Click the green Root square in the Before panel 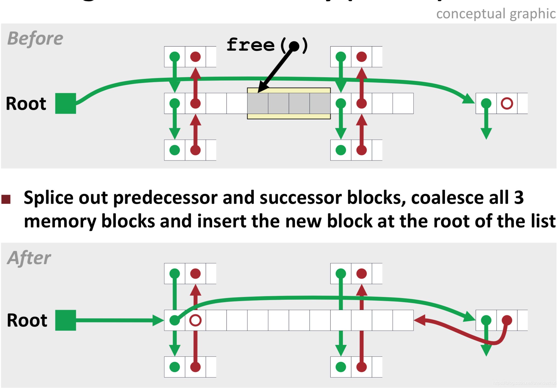tap(66, 103)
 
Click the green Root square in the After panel tap(66, 320)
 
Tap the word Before tap(35, 38)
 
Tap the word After tap(29, 258)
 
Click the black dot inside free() tap(294, 46)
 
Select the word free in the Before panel tap(250, 45)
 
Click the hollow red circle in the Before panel tap(507, 103)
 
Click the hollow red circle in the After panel tap(195, 320)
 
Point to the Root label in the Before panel tap(26, 104)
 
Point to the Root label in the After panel tap(27, 320)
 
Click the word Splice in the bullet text tap(49, 198)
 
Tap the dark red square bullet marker tap(6, 199)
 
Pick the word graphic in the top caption tap(533, 14)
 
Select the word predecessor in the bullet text tap(165, 198)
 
